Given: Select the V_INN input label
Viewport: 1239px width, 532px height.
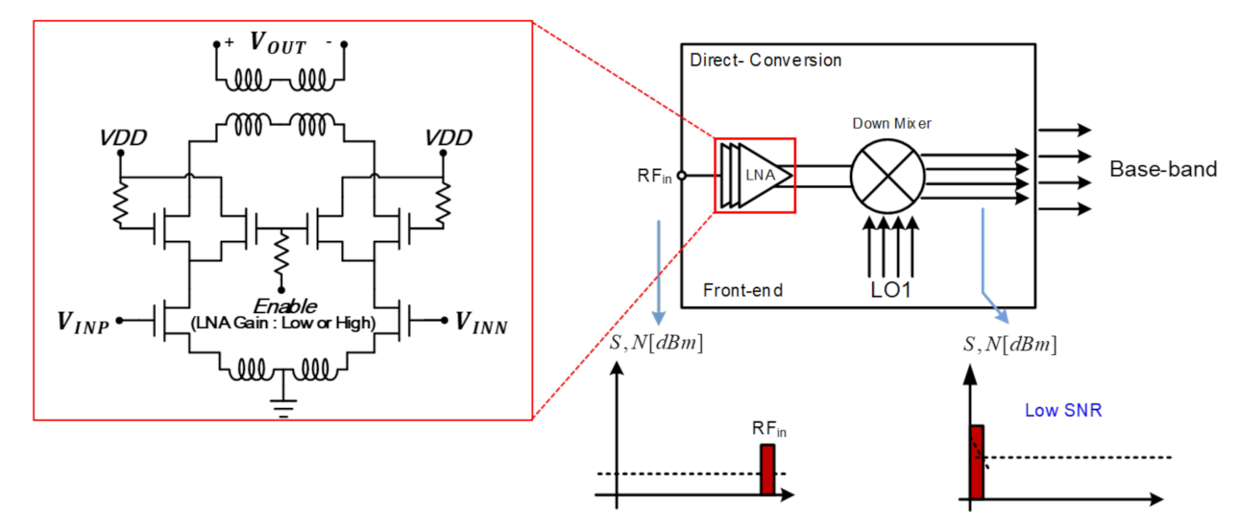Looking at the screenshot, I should click(482, 323).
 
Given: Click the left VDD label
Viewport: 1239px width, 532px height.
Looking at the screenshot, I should click(123, 138).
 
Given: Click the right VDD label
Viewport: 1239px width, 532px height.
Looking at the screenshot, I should click(449, 138).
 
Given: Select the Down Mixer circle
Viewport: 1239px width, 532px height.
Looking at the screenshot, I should click(887, 174).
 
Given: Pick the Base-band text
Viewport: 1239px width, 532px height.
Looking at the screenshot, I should click(1163, 170).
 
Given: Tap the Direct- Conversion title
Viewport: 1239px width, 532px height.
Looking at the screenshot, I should click(765, 60).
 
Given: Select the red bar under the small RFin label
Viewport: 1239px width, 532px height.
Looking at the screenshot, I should click(766, 471).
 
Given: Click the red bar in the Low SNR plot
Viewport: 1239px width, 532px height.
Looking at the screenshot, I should click(976, 462).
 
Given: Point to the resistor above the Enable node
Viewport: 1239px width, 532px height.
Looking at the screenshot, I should click(280, 255).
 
